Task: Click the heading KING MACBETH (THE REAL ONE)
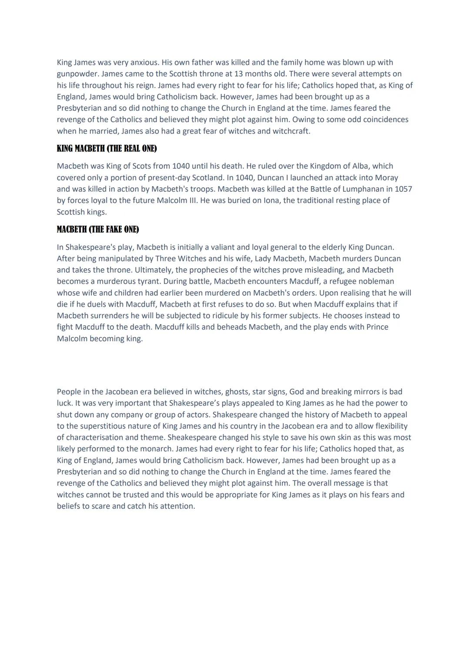click(107, 149)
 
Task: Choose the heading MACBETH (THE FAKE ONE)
click(97, 230)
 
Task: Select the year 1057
click(403, 189)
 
